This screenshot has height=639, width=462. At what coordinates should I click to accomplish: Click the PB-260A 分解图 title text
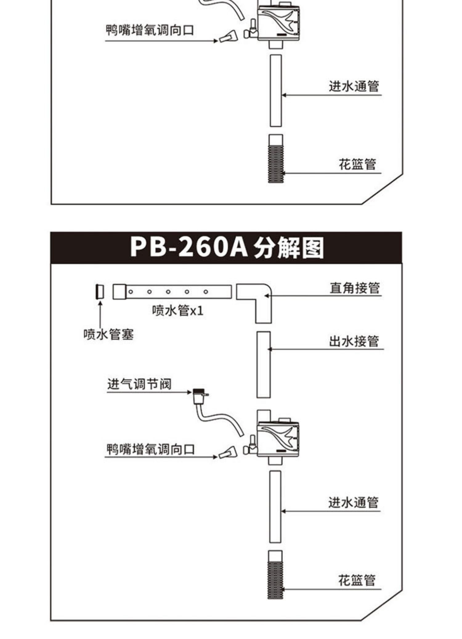pyautogui.click(x=227, y=247)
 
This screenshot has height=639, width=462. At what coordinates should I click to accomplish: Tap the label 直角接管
pyautogui.click(x=355, y=288)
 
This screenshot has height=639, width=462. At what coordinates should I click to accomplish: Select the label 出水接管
pyautogui.click(x=354, y=341)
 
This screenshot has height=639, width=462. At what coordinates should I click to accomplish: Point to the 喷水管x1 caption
pyautogui.click(x=178, y=311)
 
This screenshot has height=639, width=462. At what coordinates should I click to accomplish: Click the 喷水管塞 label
pyautogui.click(x=108, y=334)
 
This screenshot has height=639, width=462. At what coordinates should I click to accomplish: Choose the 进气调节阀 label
pyautogui.click(x=139, y=384)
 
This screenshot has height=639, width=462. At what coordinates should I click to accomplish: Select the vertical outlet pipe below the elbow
pyautogui.click(x=264, y=365)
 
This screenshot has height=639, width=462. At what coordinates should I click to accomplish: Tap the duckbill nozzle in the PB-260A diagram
pyautogui.click(x=228, y=453)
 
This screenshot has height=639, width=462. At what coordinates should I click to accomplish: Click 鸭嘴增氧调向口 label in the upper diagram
pyautogui.click(x=150, y=30)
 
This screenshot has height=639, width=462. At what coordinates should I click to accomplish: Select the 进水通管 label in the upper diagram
pyautogui.click(x=354, y=86)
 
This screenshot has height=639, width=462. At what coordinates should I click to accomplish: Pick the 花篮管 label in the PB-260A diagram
pyautogui.click(x=357, y=580)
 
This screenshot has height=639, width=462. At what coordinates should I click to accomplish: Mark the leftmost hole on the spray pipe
pyautogui.click(x=131, y=291)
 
